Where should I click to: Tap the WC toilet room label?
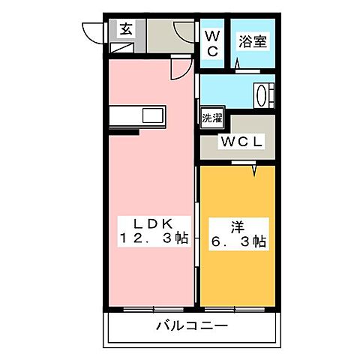(212, 43)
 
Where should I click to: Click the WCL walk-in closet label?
(240, 140)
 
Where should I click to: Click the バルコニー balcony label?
(191, 326)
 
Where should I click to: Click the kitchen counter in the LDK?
(139, 117)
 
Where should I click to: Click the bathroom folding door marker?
(239, 67)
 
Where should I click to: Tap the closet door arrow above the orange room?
(255, 169)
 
